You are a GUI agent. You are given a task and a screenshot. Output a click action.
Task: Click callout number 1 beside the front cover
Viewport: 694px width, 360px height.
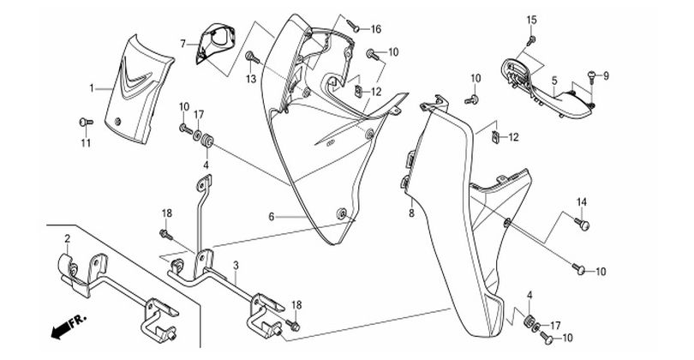93,87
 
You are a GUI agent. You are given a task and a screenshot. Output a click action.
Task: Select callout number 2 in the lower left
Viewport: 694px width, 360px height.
67,237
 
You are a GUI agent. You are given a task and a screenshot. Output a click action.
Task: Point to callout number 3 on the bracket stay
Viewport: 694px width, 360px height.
235,268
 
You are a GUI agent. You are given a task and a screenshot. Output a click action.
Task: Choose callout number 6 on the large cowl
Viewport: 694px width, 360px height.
272,218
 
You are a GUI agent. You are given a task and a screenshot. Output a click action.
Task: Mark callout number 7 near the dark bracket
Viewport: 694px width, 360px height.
182,43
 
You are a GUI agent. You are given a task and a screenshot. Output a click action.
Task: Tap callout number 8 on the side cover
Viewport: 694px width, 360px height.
410,212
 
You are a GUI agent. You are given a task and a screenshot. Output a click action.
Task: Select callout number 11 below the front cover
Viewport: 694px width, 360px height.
85,142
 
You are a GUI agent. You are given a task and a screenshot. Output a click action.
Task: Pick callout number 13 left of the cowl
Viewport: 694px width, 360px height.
251,79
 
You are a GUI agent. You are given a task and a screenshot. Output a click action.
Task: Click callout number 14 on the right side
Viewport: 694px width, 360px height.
581,202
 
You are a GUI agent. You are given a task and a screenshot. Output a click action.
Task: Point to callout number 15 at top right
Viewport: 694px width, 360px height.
530,20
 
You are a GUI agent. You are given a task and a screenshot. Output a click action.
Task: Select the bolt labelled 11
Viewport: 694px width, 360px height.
84,121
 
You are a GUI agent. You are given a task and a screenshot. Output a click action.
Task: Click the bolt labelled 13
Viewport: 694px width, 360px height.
251,57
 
